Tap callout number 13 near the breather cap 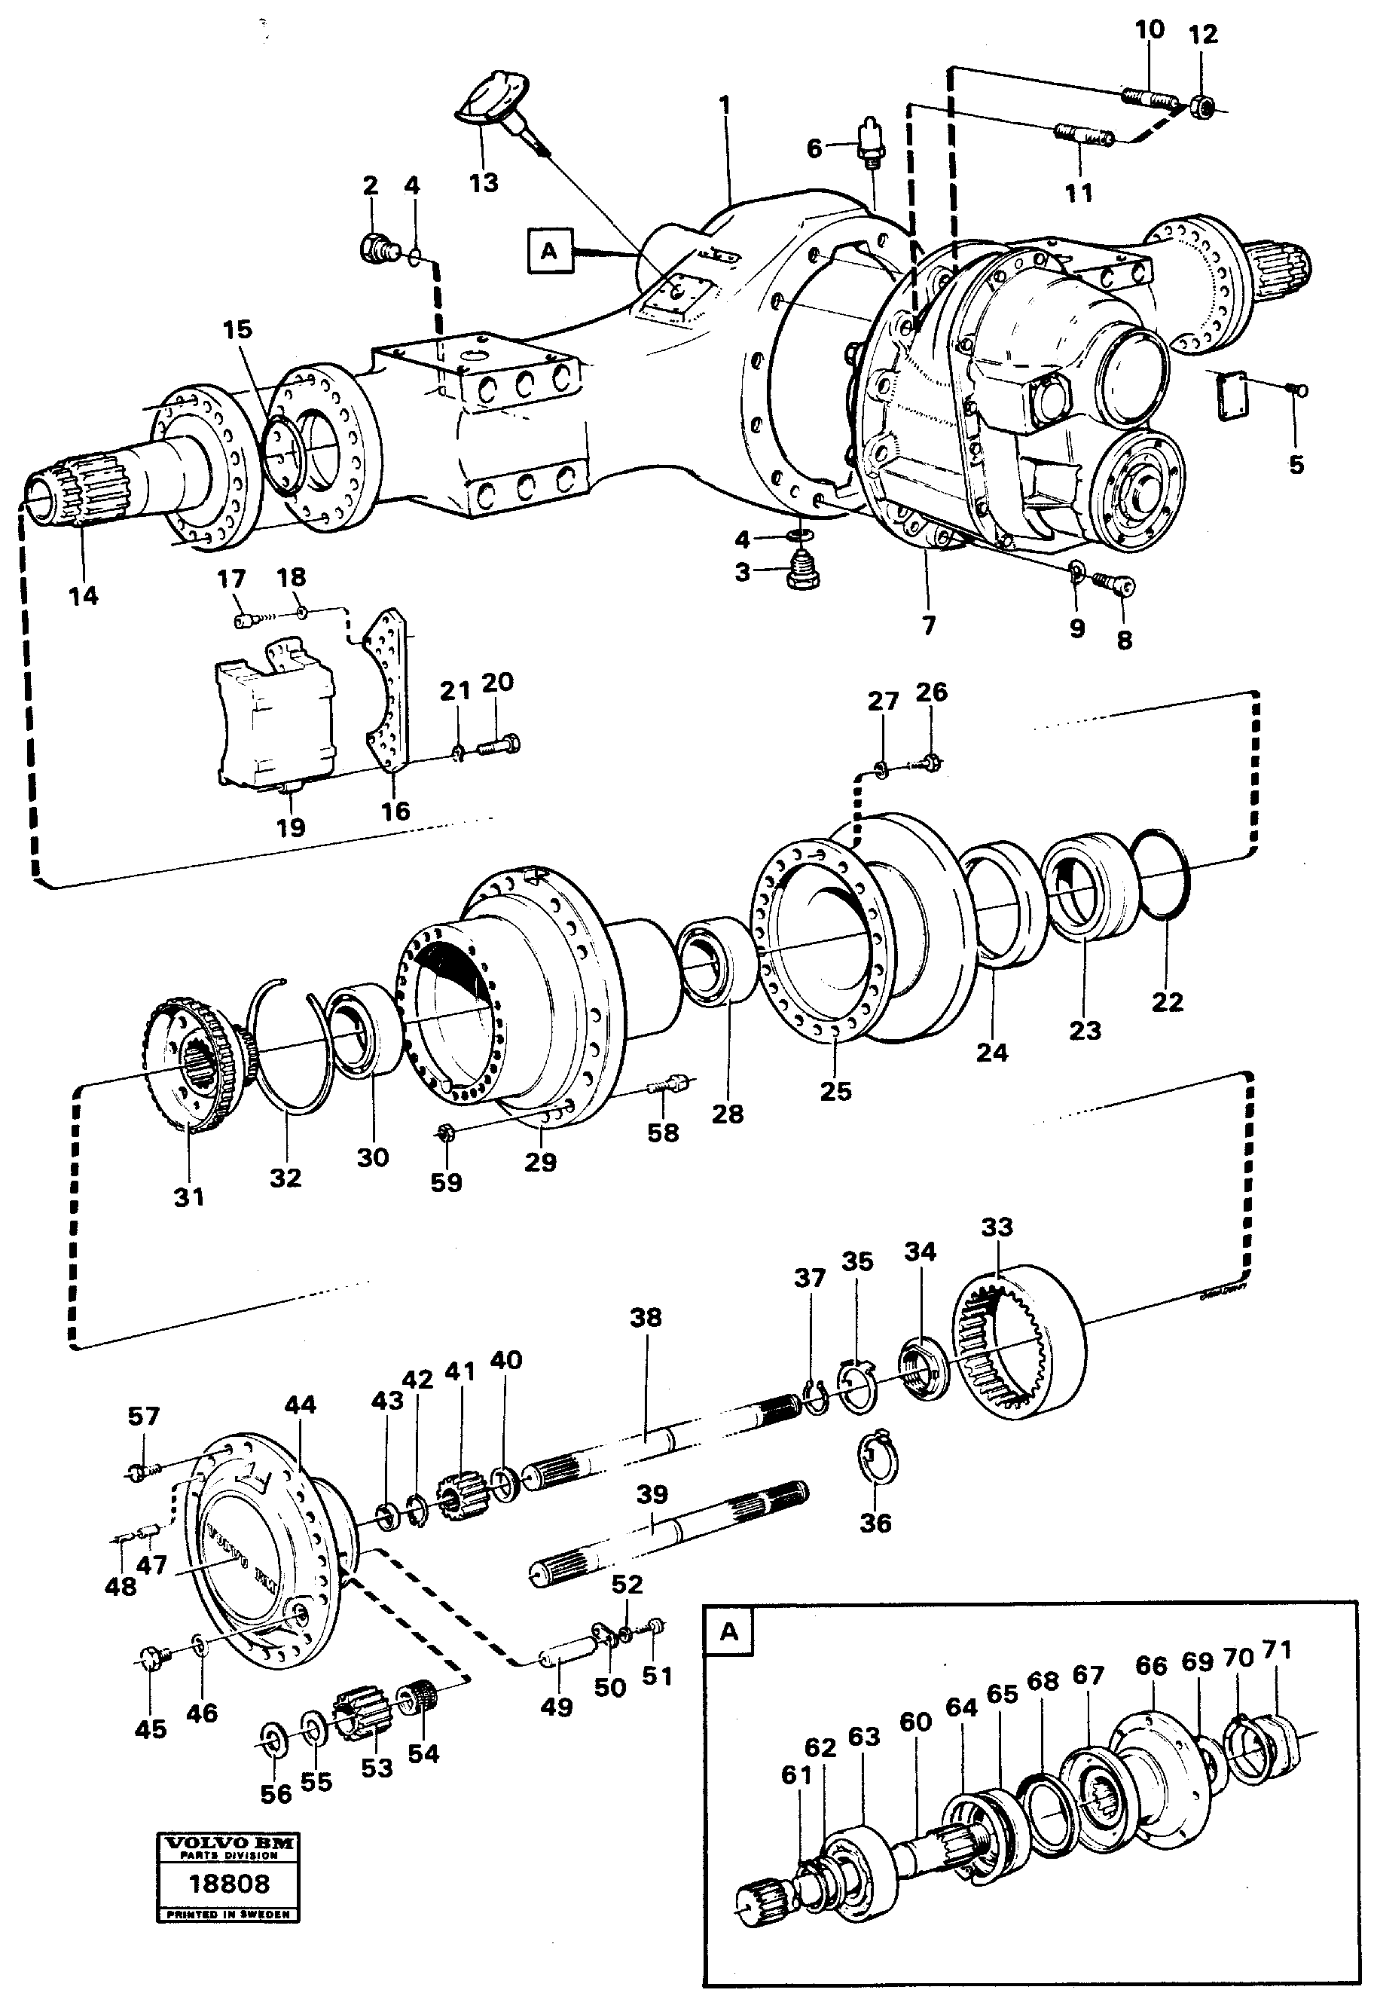(484, 182)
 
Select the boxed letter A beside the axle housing (548, 251)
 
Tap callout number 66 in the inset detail (1151, 1665)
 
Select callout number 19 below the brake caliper (290, 827)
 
